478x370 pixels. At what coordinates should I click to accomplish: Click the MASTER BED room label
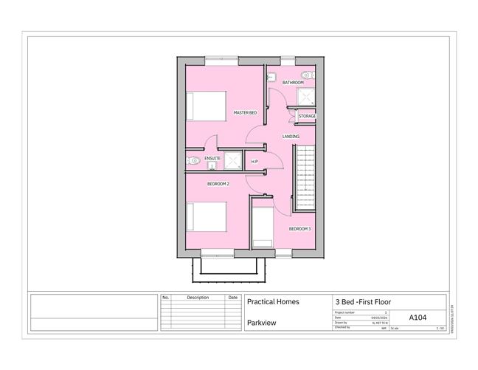point(245,112)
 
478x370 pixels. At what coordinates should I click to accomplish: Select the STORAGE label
point(307,116)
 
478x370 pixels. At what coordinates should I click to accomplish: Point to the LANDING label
point(291,137)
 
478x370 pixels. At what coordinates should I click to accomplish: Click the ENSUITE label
point(212,158)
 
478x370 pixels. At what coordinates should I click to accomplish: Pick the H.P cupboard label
point(254,161)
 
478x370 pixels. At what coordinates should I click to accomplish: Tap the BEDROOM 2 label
point(218,183)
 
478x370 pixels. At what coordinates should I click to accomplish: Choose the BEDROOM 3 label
point(299,229)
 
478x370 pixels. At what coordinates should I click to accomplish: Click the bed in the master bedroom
point(204,105)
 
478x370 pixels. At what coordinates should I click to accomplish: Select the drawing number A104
point(417,318)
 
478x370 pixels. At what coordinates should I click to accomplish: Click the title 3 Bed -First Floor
point(363,301)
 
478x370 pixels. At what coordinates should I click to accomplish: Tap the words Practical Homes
point(271,301)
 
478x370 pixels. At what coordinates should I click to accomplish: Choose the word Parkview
point(262,323)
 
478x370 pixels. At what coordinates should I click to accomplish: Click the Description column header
point(198,298)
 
